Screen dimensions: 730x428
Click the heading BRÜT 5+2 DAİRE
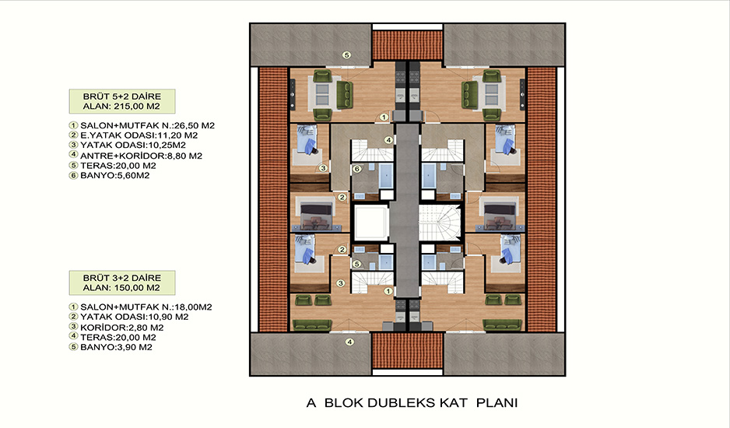tap(122, 96)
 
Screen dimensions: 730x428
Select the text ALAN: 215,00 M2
tap(121, 106)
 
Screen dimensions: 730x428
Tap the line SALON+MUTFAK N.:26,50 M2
tap(147, 126)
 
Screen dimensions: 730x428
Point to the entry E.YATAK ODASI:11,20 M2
tap(139, 135)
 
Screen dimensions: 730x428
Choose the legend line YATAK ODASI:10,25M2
tap(132, 146)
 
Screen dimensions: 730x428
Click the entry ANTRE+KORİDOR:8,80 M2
tap(141, 156)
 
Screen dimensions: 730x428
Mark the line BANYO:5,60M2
tap(114, 176)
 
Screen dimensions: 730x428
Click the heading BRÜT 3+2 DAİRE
tap(122, 278)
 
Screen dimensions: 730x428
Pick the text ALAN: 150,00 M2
tap(121, 288)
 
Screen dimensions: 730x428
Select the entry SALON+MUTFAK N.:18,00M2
tap(146, 307)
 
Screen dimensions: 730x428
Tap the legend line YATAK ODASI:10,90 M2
tap(134, 317)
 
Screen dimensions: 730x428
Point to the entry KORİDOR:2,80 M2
tap(121, 328)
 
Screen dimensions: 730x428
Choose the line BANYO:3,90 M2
tap(116, 347)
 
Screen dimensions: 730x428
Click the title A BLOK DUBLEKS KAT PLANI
tap(412, 403)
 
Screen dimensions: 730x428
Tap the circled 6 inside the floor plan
tap(356, 169)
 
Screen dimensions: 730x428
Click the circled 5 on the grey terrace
tap(346, 55)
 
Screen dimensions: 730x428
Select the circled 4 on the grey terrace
tap(349, 342)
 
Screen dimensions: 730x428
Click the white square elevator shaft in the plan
tap(371, 223)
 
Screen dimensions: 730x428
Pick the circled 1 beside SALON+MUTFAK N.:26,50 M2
tap(73, 126)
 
